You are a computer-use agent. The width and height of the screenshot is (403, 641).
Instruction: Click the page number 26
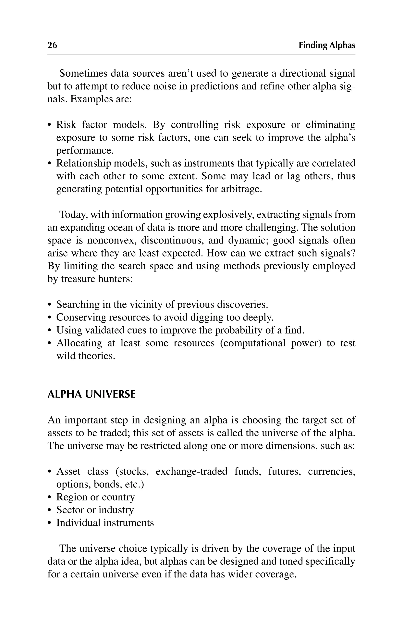click(52, 45)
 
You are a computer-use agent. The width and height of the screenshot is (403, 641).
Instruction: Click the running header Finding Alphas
click(327, 45)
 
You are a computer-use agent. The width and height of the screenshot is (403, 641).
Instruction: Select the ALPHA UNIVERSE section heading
click(91, 394)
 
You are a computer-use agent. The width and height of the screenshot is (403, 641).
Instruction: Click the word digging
click(209, 317)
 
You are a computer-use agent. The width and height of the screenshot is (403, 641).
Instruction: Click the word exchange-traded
click(191, 471)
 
